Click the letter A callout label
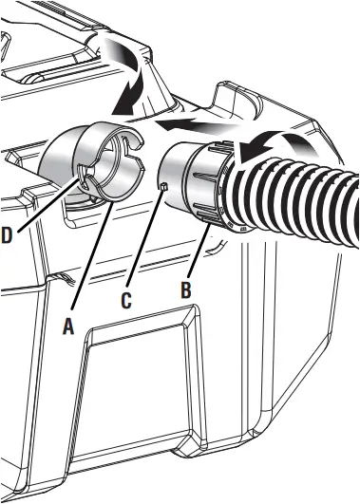(x=66, y=325)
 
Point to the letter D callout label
(x=7, y=235)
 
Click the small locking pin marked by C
(x=162, y=186)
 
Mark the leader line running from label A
(x=90, y=256)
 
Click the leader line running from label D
(x=43, y=204)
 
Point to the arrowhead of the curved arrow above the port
(x=120, y=100)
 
